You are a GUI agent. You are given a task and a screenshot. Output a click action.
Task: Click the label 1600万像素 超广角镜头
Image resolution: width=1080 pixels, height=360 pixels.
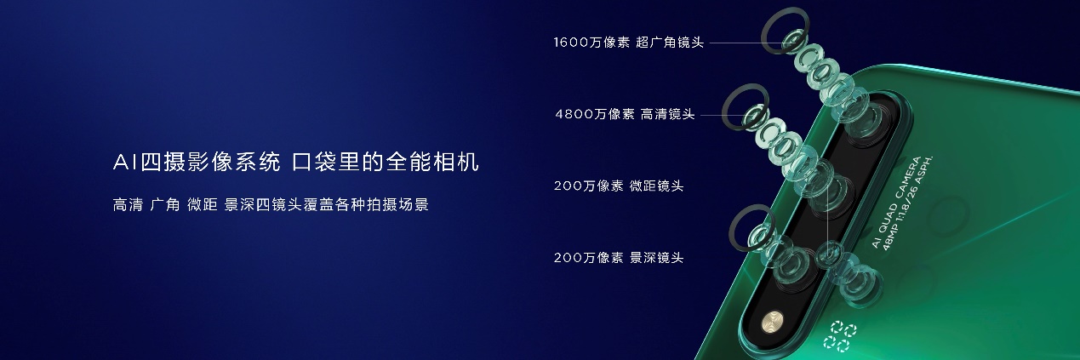point(628,42)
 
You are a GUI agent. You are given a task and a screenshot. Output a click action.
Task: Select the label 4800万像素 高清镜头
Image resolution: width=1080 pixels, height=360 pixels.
point(624,113)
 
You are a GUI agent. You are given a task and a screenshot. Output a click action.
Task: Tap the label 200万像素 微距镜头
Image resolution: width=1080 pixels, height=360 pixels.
point(618,186)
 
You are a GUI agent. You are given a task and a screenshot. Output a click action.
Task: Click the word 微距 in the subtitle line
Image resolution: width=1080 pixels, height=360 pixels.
point(201,205)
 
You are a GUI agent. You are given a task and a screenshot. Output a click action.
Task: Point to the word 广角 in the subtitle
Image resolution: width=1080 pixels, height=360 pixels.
point(164,205)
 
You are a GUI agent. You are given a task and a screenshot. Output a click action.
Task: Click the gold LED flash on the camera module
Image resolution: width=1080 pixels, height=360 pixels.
point(773,323)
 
